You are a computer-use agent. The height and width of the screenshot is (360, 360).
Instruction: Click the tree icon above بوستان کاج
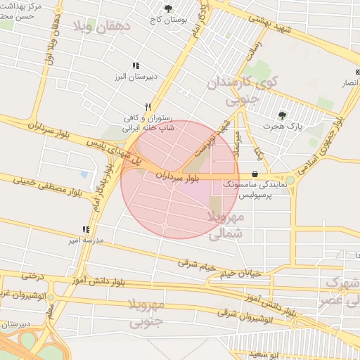(x=168, y=8)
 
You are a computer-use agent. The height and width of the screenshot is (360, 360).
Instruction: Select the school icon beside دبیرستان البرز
(x=135, y=65)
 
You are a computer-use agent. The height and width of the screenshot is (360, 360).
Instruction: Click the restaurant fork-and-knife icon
(x=148, y=107)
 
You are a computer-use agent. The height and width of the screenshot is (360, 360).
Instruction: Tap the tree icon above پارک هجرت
(x=282, y=115)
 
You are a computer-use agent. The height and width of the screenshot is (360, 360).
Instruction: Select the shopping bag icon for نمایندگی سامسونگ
(x=254, y=174)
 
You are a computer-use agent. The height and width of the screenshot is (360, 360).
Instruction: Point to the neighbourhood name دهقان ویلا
(x=103, y=28)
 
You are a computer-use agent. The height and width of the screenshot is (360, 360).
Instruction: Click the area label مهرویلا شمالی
(x=226, y=224)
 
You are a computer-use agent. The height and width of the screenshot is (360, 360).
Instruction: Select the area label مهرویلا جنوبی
(x=147, y=314)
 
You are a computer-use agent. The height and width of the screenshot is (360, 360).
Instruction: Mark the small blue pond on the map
(x=85, y=174)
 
